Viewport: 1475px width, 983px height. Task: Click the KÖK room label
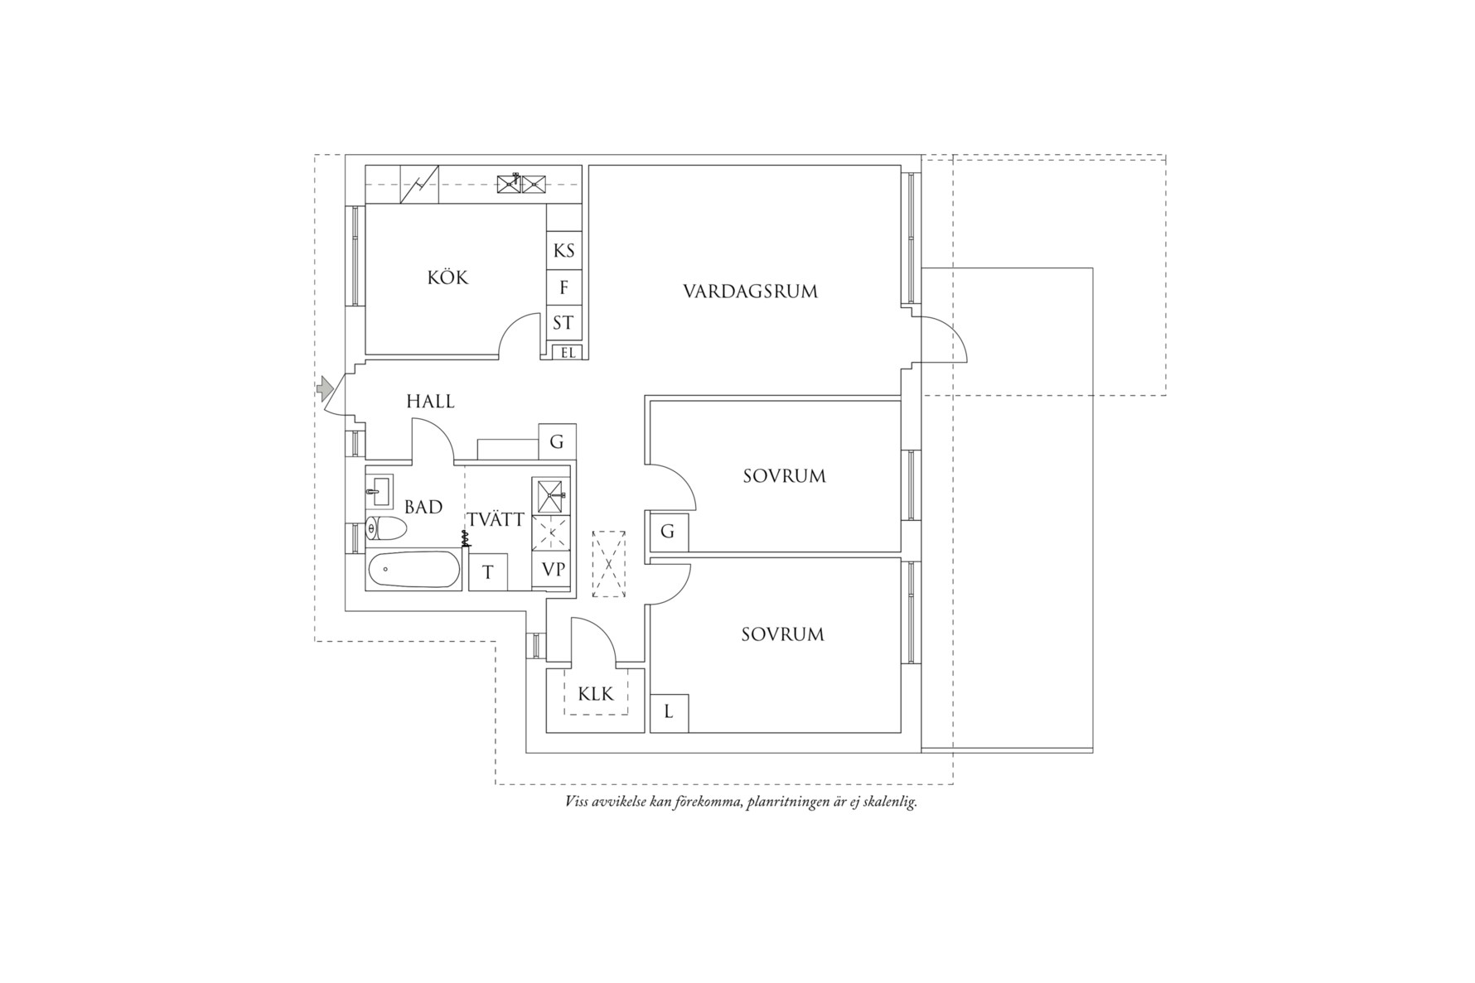pos(447,277)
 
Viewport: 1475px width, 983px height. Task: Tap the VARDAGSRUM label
pos(750,292)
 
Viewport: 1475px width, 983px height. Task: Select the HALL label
pos(430,402)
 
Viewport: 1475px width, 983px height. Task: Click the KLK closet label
pos(596,694)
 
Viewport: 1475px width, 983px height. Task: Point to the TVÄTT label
pos(496,520)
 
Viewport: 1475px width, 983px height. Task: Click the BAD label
pos(423,507)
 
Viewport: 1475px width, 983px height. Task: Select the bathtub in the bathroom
pos(413,571)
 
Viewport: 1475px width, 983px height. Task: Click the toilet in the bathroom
pos(385,528)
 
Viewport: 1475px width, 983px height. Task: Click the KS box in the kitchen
pos(564,250)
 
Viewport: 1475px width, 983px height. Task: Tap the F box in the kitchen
pos(564,287)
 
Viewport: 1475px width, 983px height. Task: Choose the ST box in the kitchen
pos(564,323)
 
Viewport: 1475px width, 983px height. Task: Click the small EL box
pos(568,352)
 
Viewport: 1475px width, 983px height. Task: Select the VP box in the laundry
pos(553,570)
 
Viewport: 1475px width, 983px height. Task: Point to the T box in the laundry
pos(488,571)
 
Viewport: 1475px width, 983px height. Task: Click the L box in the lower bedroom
pos(669,712)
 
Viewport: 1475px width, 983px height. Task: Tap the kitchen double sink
pos(521,184)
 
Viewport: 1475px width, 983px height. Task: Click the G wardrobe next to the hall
pos(557,442)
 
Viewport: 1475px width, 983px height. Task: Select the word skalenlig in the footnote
pos(890,802)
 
